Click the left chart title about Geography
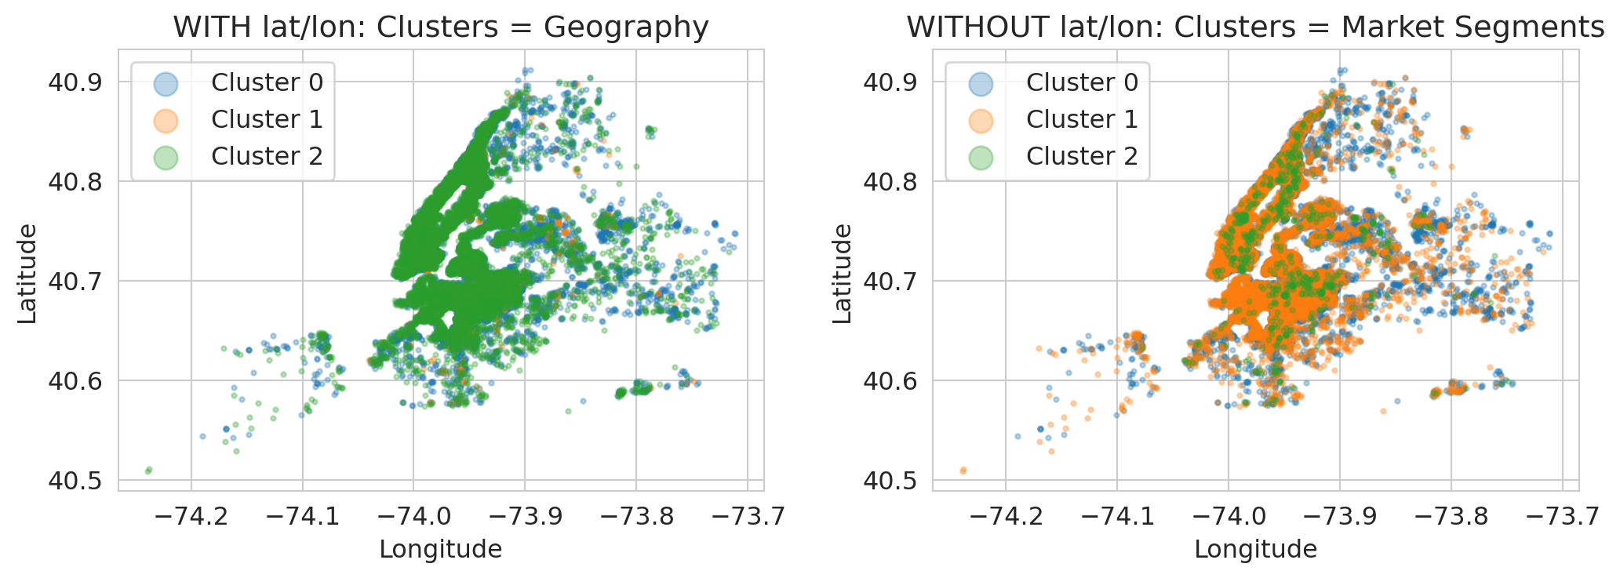(441, 27)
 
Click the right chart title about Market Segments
(1255, 27)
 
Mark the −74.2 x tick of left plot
(191, 516)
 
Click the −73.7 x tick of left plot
(747, 516)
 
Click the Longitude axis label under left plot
(440, 550)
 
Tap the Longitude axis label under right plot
(1255, 550)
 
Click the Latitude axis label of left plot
(27, 274)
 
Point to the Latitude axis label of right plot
(843, 274)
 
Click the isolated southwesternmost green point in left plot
(148, 471)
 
